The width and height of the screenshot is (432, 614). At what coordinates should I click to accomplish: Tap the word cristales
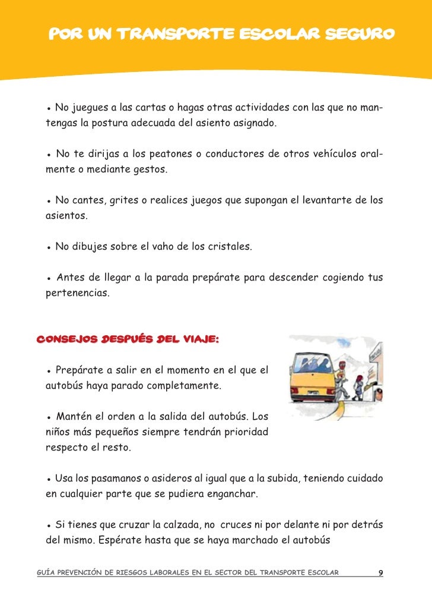coord(229,246)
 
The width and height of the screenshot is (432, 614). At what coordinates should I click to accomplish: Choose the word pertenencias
coord(77,292)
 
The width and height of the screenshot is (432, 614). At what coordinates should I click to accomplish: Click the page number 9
coord(381,573)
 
